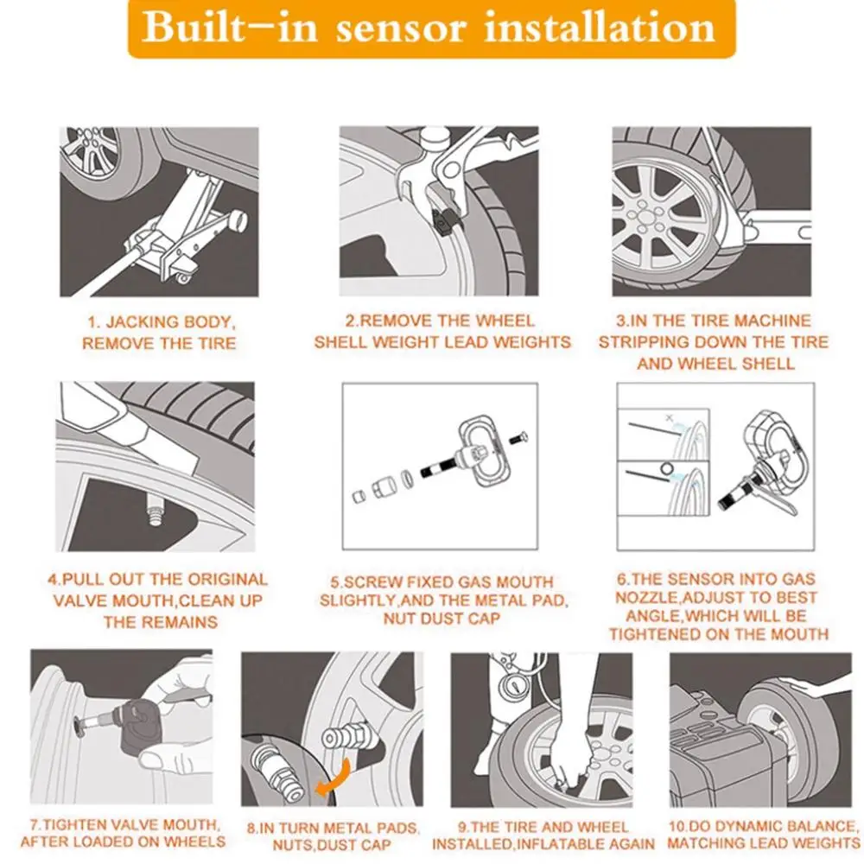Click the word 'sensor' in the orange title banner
pyautogui.click(x=401, y=27)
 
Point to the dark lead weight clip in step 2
pyautogui.click(x=443, y=221)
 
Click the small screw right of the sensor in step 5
pyautogui.click(x=518, y=439)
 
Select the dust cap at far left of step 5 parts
pyautogui.click(x=359, y=496)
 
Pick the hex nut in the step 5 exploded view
pyautogui.click(x=383, y=487)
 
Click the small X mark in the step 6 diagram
pyautogui.click(x=670, y=418)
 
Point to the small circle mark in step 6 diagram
pyautogui.click(x=667, y=469)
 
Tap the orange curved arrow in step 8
pyautogui.click(x=334, y=776)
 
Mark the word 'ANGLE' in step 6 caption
pyautogui.click(x=652, y=616)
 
